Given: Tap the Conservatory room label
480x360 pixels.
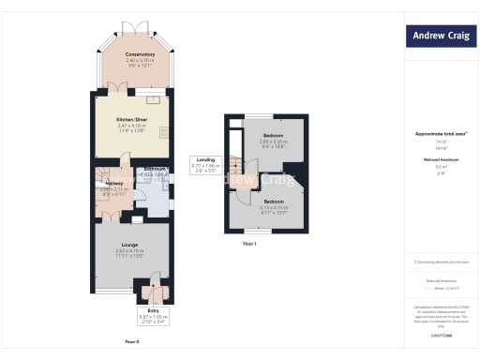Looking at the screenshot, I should pyautogui.click(x=140, y=54).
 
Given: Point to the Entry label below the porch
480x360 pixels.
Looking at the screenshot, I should pyautogui.click(x=154, y=309).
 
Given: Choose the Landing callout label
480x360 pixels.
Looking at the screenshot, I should pyautogui.click(x=205, y=159).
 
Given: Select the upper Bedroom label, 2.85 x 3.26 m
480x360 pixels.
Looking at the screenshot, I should pyautogui.click(x=274, y=136).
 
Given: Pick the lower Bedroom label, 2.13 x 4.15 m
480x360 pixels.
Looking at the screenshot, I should pyautogui.click(x=274, y=202).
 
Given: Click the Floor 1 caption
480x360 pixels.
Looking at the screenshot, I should pyautogui.click(x=249, y=243).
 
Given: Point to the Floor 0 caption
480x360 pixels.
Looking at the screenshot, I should pyautogui.click(x=132, y=342).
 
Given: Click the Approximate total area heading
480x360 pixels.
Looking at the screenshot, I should pyautogui.click(x=439, y=134).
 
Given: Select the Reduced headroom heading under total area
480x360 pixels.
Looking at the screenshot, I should pyautogui.click(x=439, y=160).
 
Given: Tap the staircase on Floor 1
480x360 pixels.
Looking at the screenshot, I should pyautogui.click(x=235, y=155).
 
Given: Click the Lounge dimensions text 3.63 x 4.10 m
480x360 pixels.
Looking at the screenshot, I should pyautogui.click(x=130, y=250).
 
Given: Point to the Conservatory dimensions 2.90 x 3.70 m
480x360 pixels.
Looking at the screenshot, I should pyautogui.click(x=140, y=61).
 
